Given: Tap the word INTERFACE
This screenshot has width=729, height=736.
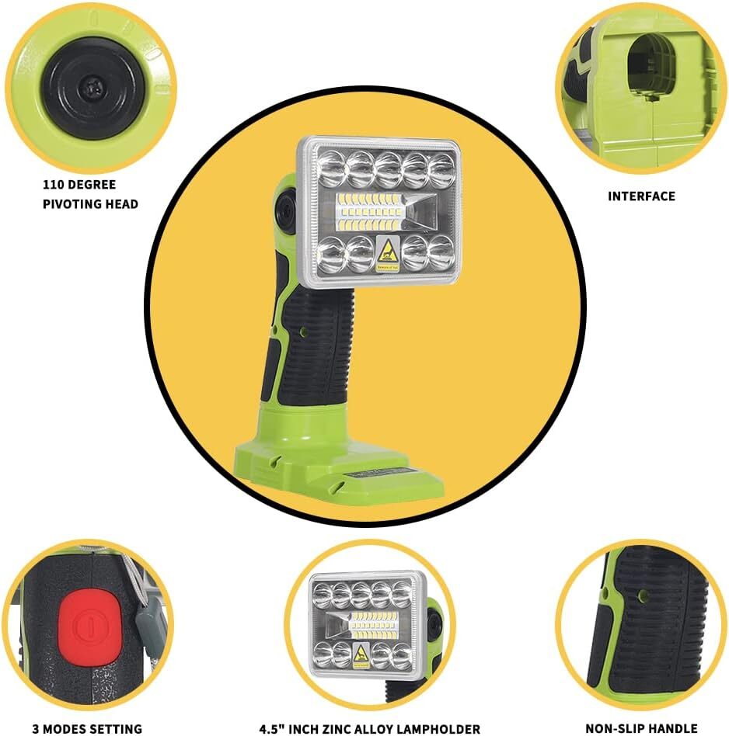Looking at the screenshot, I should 641,196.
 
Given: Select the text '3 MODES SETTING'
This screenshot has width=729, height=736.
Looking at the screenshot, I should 87,728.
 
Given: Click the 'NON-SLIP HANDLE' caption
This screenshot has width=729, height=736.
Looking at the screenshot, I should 642,728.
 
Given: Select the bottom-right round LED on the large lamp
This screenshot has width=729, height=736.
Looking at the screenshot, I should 440,253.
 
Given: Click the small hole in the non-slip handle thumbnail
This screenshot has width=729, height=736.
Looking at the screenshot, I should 642,596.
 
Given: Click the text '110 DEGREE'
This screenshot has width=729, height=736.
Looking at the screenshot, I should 78,185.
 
